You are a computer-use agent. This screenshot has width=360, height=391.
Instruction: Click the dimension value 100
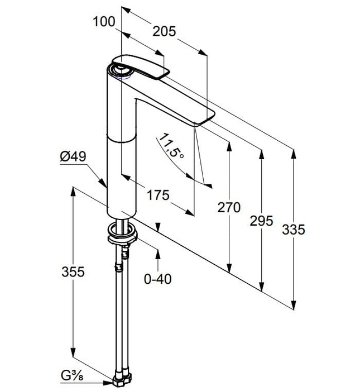(x=104, y=22)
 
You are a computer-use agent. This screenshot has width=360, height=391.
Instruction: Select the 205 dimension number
(x=165, y=31)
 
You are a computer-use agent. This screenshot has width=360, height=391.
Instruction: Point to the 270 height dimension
(x=229, y=208)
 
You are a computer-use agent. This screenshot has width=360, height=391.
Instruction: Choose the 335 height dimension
(x=294, y=229)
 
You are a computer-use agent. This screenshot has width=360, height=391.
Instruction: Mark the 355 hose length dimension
(x=73, y=272)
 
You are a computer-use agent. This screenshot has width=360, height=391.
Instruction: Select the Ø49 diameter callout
(x=73, y=158)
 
